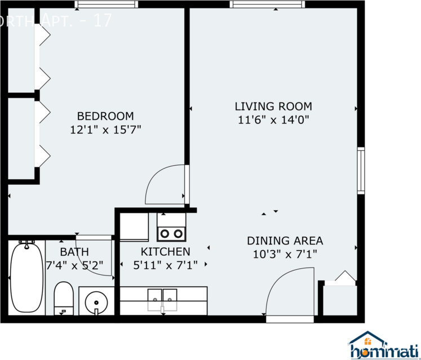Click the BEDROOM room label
pyautogui.click(x=105, y=116)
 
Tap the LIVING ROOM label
pyautogui.click(x=273, y=106)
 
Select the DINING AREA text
pyautogui.click(x=285, y=241)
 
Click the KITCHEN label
pyautogui.click(x=165, y=251)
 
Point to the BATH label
pyautogui.click(x=74, y=252)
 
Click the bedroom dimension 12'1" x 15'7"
pyautogui.click(x=105, y=130)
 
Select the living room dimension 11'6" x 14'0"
pyautogui.click(x=273, y=119)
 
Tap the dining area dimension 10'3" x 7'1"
pyautogui.click(x=285, y=254)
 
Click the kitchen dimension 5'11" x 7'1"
pyautogui.click(x=165, y=265)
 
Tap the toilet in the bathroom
pyautogui.click(x=63, y=299)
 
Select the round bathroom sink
pyautogui.click(x=96, y=303)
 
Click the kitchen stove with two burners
pyautogui.click(x=171, y=232)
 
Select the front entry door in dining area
pyautogui.click(x=289, y=293)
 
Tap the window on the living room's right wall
pyautogui.click(x=361, y=170)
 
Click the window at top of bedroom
pyautogui.click(x=106, y=5)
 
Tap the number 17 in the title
pyautogui.click(x=103, y=21)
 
